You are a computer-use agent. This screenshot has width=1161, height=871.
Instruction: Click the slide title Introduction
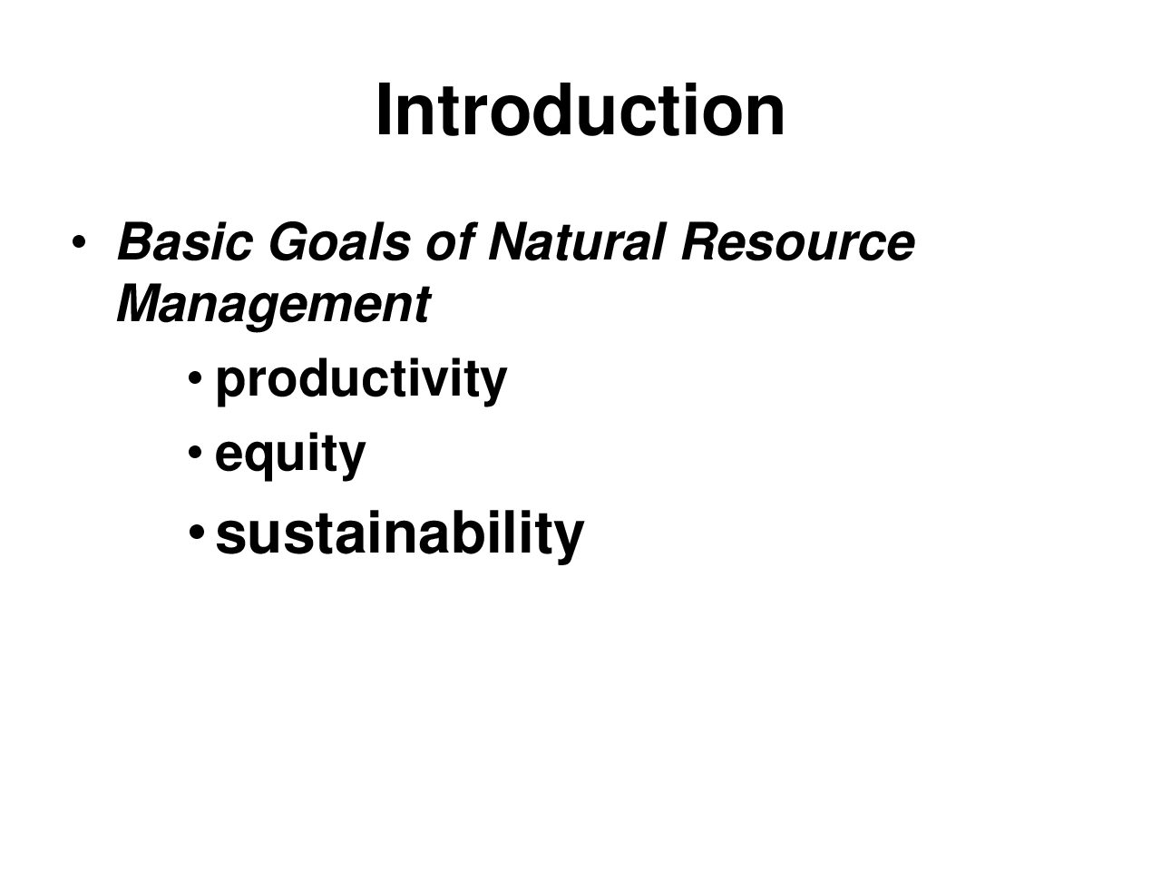[580, 110]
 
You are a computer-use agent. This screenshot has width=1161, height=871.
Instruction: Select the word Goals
[339, 242]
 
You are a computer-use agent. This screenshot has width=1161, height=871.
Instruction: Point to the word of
[451, 242]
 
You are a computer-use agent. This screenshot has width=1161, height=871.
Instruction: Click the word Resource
[798, 242]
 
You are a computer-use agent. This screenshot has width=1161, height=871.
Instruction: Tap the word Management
[274, 304]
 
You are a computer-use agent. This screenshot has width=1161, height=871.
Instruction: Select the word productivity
[361, 381]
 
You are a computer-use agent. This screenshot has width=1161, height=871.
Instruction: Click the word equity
[290, 455]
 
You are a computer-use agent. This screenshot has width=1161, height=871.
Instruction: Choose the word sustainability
[400, 534]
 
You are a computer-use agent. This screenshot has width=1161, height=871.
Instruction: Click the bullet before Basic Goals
[78, 243]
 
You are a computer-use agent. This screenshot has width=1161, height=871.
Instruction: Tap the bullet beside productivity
[195, 378]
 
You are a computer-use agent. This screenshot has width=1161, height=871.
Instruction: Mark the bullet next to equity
[195, 452]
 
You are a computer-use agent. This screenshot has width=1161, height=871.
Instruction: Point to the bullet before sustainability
[196, 532]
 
